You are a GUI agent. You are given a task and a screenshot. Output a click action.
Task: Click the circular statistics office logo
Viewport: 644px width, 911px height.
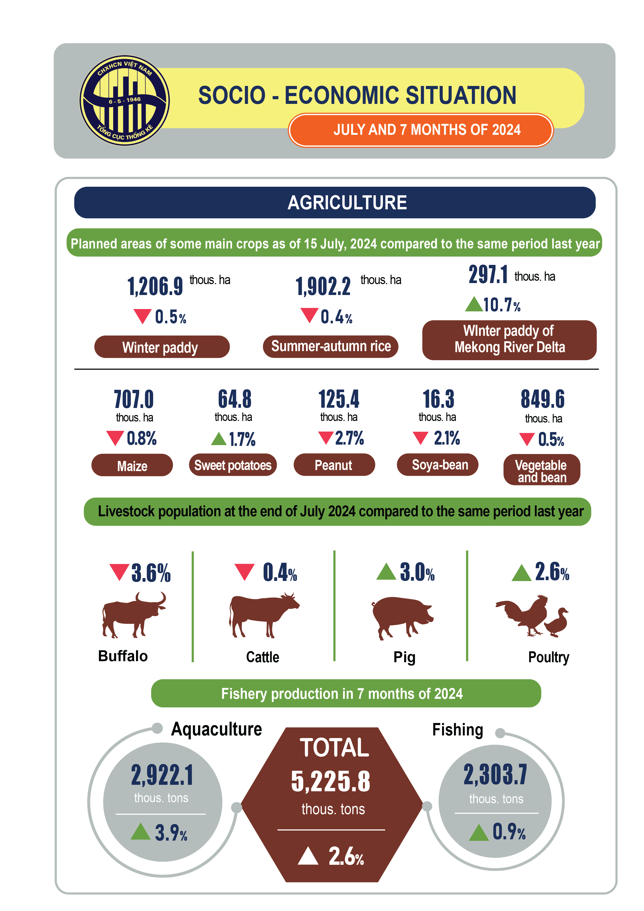tap(125, 101)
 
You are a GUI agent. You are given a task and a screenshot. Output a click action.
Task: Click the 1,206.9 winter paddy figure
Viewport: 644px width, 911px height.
tap(155, 286)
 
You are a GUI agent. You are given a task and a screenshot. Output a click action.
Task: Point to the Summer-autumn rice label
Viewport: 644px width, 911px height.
tap(330, 346)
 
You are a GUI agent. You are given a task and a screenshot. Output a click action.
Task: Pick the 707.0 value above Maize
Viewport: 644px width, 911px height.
tap(134, 399)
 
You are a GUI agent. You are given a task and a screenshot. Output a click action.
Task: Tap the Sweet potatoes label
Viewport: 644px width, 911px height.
tap(233, 465)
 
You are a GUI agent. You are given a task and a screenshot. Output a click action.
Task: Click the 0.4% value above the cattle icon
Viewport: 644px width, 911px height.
tap(280, 573)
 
